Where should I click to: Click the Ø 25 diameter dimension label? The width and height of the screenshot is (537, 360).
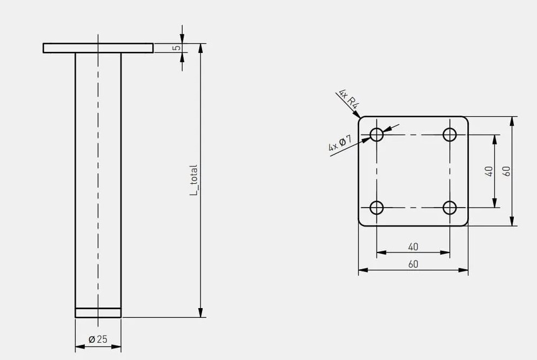click(x=98, y=339)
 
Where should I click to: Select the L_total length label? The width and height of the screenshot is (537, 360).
click(x=194, y=180)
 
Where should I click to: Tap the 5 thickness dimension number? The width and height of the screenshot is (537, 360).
click(x=176, y=48)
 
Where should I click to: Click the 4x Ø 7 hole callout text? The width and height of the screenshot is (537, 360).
click(x=340, y=143)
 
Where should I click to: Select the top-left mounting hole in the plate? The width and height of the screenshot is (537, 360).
click(x=377, y=135)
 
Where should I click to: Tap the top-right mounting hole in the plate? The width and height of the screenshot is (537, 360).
click(x=449, y=135)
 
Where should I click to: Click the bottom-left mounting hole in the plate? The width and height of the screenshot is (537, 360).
click(x=377, y=208)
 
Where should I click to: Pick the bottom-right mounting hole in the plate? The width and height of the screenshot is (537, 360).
click(x=449, y=208)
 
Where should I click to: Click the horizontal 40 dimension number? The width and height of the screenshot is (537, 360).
click(x=413, y=246)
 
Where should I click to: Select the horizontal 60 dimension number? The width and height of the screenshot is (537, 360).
click(x=413, y=264)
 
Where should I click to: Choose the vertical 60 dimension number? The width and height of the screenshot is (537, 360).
click(x=507, y=171)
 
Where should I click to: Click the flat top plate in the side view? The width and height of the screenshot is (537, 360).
click(x=98, y=48)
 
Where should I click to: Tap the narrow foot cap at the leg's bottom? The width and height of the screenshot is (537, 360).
click(x=98, y=313)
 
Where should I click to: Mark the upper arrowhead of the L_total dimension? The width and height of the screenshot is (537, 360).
click(x=200, y=48)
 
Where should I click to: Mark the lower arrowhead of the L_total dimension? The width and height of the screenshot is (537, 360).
click(x=200, y=312)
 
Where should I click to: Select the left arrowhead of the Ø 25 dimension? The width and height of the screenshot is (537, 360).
click(x=80, y=347)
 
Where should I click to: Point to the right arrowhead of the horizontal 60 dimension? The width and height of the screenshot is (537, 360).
click(x=464, y=270)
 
